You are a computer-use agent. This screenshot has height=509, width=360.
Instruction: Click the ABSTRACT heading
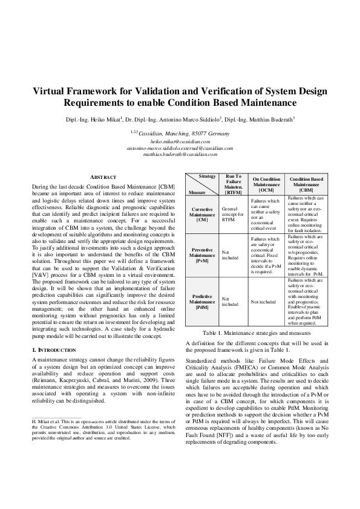tap(103, 177)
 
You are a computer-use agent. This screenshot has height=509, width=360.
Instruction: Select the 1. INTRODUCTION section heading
tap(53, 350)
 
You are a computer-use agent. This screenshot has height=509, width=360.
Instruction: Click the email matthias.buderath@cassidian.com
tap(180, 154)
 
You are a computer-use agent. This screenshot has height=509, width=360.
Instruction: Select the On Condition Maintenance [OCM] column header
tap(266, 184)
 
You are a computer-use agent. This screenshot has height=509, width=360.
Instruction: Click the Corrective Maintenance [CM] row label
tap(202, 215)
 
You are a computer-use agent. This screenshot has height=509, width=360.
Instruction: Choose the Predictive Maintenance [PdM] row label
tap(202, 301)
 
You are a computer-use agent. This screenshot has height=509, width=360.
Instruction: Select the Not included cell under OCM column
tap(263, 301)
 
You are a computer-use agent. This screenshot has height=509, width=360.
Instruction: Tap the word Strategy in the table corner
tap(208, 176)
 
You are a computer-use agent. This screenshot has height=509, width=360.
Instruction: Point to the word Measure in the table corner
tap(197, 192)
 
